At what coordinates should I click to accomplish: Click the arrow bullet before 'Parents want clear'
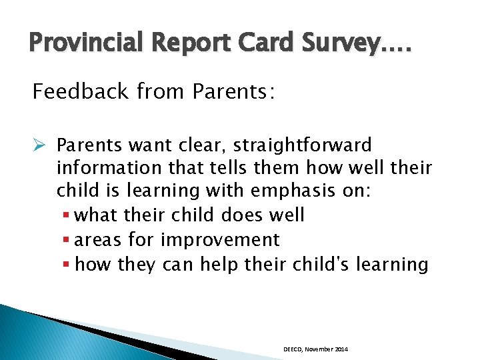point(39,145)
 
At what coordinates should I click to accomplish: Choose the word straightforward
point(304,145)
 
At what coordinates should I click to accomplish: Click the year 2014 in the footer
point(341,349)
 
